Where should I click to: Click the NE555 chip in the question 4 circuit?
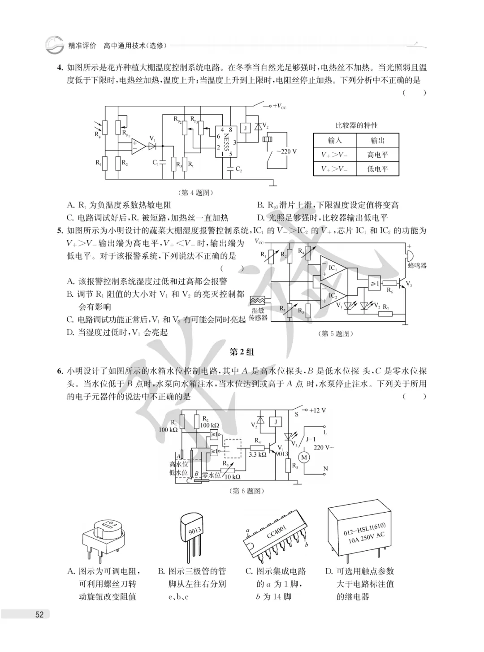226,142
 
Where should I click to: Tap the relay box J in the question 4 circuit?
246,128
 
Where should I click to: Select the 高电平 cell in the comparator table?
377,155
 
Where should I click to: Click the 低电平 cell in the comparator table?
377,169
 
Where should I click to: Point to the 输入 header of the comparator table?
335,141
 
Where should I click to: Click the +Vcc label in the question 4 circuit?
279,106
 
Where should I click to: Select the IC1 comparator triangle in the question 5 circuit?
333,268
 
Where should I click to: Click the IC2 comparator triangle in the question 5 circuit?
333,296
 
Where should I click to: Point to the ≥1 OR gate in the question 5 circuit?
374,283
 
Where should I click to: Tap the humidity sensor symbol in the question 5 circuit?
258,300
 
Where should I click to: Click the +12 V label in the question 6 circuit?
317,410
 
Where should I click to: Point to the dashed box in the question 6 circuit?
233,448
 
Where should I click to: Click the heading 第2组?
242,352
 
